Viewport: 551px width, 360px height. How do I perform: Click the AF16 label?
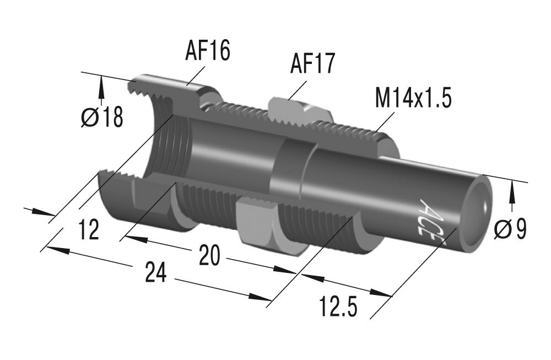click(207, 51)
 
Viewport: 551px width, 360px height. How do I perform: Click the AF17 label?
click(312, 65)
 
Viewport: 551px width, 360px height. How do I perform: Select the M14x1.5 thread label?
click(413, 99)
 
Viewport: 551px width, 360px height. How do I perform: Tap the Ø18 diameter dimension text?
click(102, 117)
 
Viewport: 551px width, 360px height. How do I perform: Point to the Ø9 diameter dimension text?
click(510, 229)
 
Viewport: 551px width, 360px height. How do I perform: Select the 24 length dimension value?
click(157, 273)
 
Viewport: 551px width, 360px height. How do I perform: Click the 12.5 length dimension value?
click(338, 307)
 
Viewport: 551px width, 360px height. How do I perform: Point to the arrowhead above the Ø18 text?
click(101, 85)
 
